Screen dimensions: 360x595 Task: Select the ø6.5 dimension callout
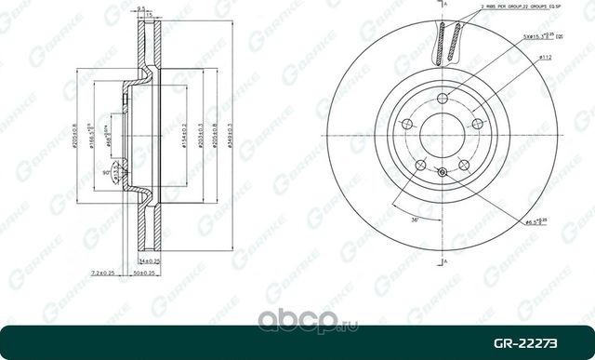533,221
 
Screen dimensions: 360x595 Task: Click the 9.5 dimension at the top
142,8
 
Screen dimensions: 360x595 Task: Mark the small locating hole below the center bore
442,169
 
